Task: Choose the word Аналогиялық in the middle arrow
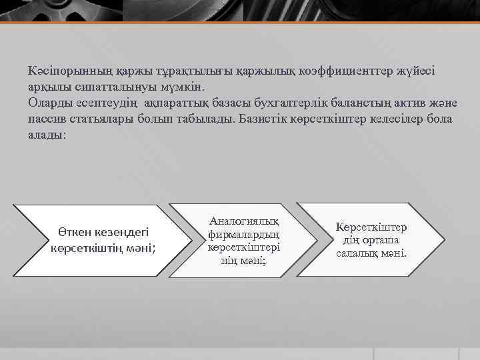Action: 244,221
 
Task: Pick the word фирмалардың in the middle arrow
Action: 244,234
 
